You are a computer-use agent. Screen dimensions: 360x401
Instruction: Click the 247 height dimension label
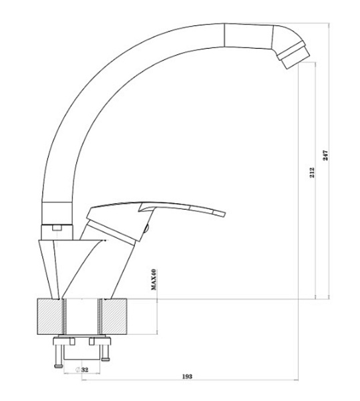tap(325, 155)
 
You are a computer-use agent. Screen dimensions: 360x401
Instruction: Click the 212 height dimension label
tap(312, 172)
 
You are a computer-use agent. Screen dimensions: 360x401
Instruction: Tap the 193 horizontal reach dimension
tap(187, 376)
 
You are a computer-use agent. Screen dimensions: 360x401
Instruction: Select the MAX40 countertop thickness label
tap(154, 279)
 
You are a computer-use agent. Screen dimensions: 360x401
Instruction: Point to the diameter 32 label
tap(82, 370)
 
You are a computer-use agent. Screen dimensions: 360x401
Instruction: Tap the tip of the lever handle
tap(224, 214)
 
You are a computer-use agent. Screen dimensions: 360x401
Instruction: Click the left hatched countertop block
tap(50, 316)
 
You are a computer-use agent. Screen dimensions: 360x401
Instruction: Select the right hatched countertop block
tap(114, 316)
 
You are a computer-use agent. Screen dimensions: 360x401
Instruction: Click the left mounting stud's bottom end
tap(58, 366)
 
